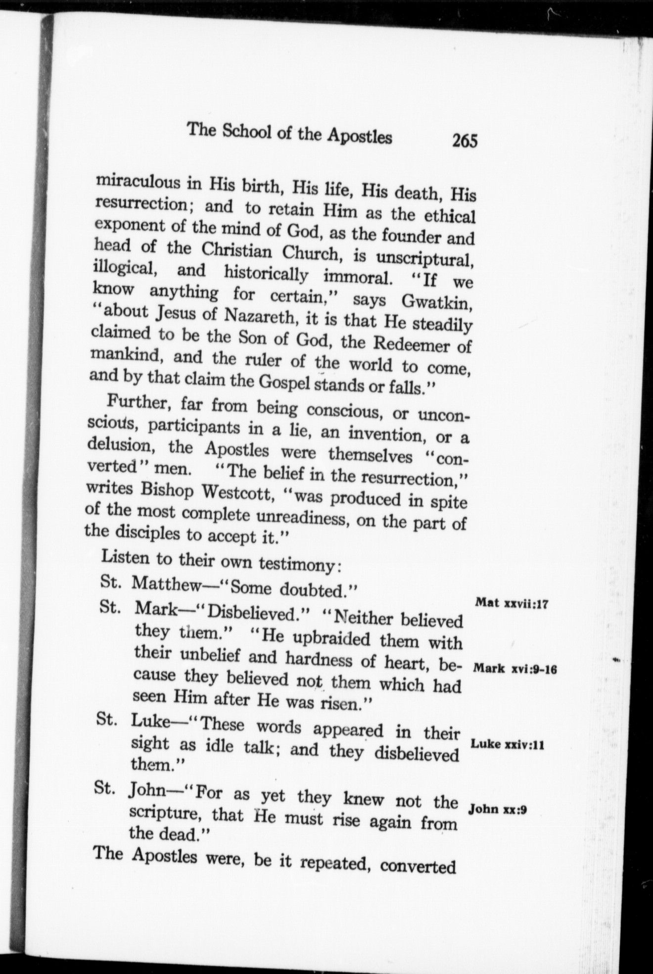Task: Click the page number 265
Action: point(464,141)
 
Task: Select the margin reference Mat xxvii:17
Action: point(510,603)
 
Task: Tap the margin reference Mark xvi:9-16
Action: point(515,669)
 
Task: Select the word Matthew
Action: point(167,584)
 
